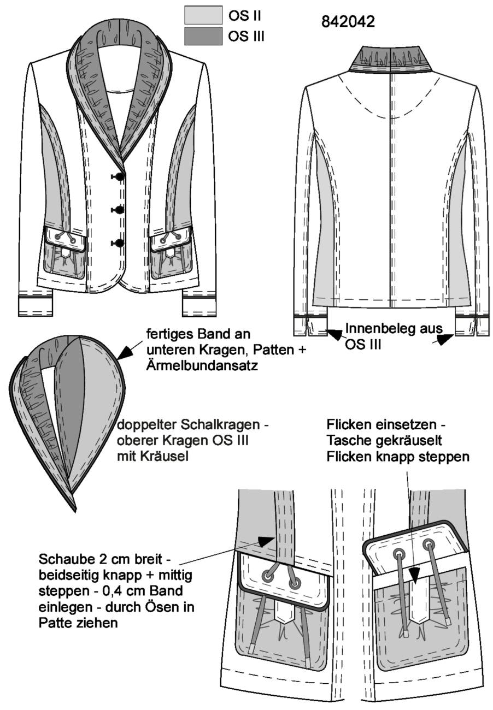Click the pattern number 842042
point(348,21)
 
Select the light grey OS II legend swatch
point(203,16)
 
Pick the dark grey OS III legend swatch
point(203,36)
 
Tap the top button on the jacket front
point(119,177)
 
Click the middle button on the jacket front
point(119,210)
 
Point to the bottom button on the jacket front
point(119,243)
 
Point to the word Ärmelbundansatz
point(202,366)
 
